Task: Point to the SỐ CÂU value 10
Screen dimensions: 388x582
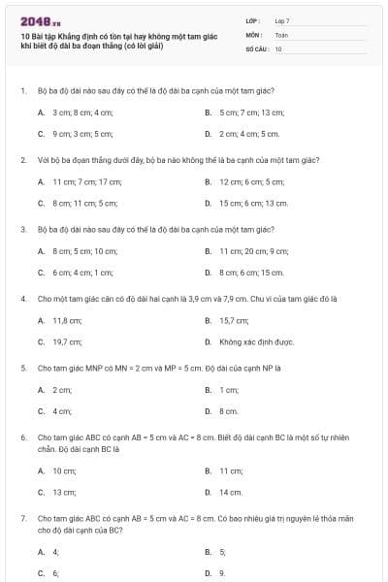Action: click(x=278, y=48)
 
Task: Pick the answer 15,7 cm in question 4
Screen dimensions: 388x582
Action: click(x=233, y=320)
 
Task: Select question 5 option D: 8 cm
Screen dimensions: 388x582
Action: click(x=229, y=411)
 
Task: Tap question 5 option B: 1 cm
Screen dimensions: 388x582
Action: click(x=229, y=390)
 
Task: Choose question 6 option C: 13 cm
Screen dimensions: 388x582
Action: click(x=64, y=492)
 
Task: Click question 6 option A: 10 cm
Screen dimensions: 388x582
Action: click(x=64, y=470)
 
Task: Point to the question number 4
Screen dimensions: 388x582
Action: click(x=22, y=299)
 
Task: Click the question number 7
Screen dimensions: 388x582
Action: click(x=22, y=519)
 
